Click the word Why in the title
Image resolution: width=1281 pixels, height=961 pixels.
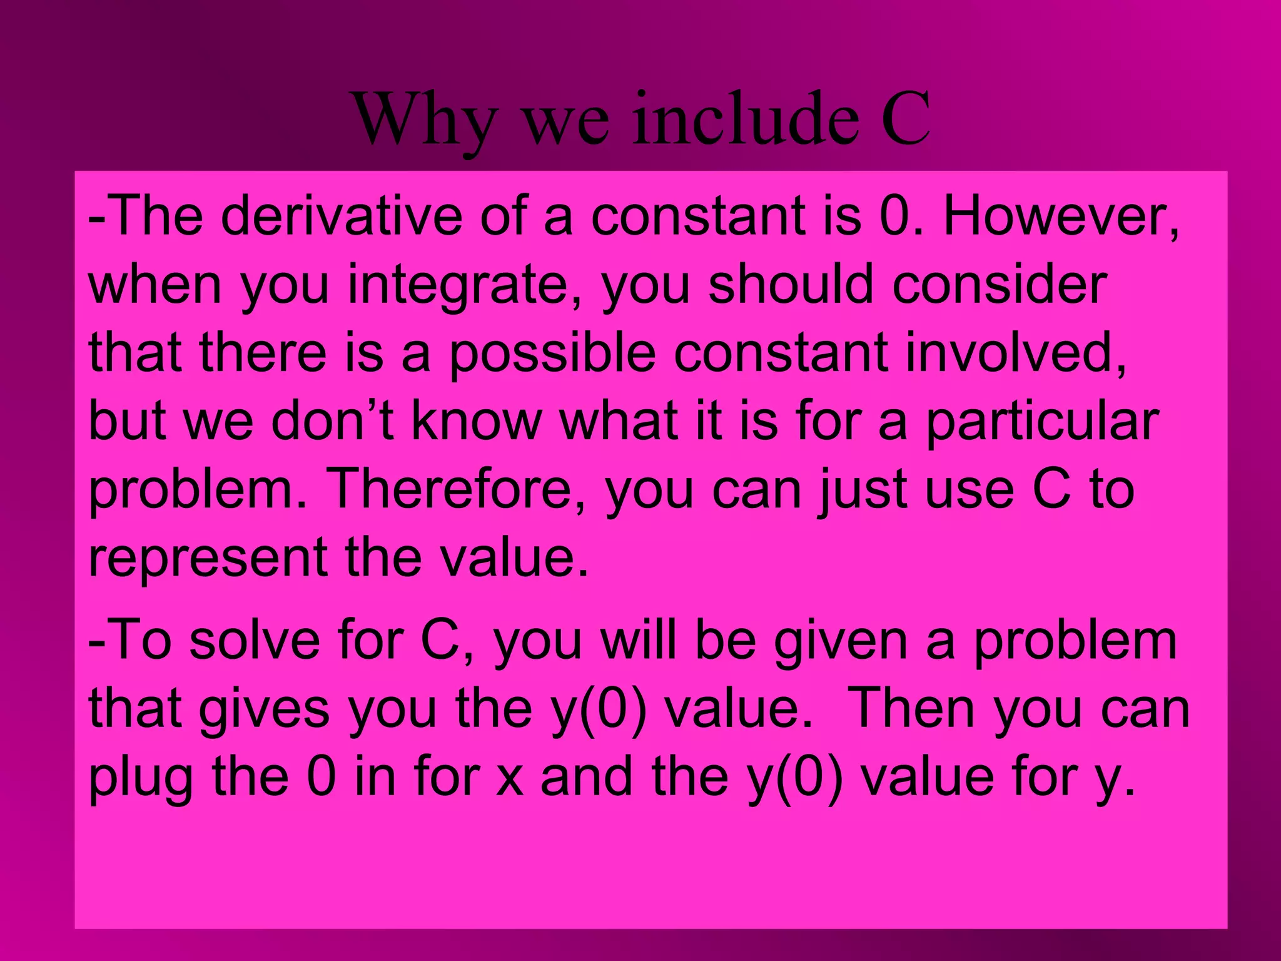[x=425, y=119]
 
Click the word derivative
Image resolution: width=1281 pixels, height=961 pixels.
[x=340, y=216]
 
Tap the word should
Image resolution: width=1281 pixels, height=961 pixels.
[x=791, y=285]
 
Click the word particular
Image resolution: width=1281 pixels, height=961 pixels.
[x=1042, y=422]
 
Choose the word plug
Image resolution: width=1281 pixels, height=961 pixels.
[x=141, y=779]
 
